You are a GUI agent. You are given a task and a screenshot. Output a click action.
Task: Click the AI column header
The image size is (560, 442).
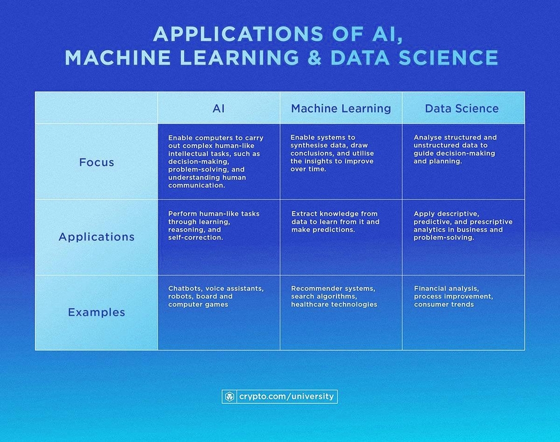pos(219,108)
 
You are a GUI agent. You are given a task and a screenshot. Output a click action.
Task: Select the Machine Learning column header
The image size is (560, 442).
pos(341,108)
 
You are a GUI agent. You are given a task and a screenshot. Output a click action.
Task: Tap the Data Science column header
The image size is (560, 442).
pos(462,108)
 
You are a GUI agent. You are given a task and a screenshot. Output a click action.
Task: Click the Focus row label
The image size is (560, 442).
pos(96,162)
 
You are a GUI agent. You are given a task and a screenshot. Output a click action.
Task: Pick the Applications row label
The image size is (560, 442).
pos(96,236)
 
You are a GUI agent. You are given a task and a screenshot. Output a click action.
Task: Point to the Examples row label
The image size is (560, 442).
pos(96,312)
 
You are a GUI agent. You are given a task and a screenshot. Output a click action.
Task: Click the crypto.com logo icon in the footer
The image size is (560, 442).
pos(229,396)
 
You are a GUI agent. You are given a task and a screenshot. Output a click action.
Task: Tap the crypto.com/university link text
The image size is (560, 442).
pos(286,396)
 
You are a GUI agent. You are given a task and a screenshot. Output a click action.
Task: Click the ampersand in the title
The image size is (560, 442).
pos(314,58)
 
